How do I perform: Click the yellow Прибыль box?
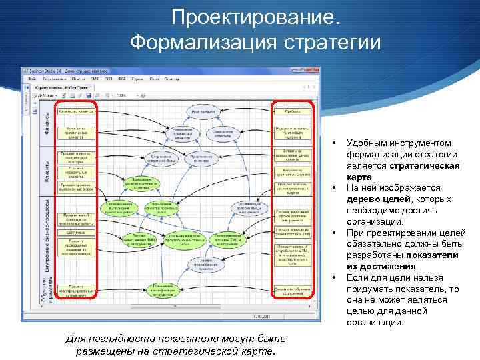(293, 111)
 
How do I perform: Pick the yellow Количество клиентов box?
(76, 111)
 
